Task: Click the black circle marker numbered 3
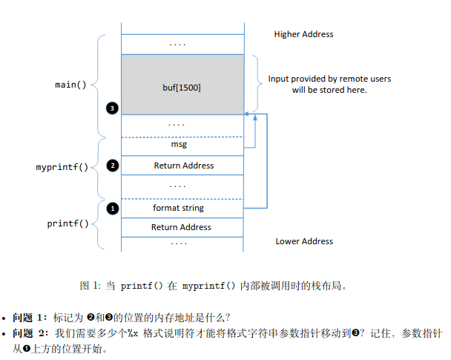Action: coord(112,108)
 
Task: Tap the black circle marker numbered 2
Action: coord(113,166)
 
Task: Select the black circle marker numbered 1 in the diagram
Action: coord(113,209)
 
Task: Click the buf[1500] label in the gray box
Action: coord(182,88)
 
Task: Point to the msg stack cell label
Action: coord(179,144)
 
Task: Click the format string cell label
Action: coord(178,208)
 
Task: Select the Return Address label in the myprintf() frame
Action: coord(184,166)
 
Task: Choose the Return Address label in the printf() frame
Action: coord(181,227)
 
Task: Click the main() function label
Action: coord(70,85)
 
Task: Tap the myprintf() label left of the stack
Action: coord(62,167)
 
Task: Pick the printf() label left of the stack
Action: coord(68,223)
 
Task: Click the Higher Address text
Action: coord(303,34)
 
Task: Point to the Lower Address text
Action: coord(304,241)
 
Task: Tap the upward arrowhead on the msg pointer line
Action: coord(255,117)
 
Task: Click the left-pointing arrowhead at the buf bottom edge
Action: coord(246,114)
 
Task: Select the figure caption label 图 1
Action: coord(90,286)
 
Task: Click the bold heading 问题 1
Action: coord(30,318)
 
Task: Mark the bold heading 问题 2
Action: coord(30,333)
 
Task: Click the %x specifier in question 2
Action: coord(133,333)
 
